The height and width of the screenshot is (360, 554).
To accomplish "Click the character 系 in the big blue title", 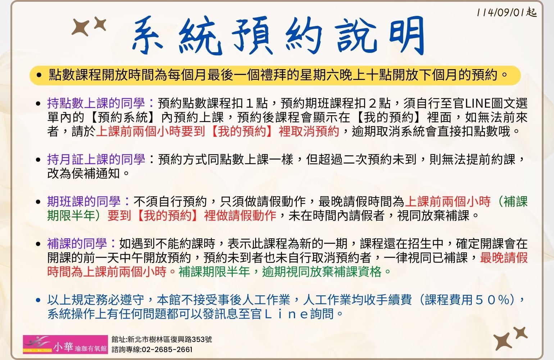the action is point(148,35).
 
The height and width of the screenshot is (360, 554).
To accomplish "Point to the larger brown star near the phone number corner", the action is point(503,341).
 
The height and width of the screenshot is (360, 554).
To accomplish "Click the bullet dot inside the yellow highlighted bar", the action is point(39,75).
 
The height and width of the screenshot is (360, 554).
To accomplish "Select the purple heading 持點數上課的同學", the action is point(96,103).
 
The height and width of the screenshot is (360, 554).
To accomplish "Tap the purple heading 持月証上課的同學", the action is point(96,159).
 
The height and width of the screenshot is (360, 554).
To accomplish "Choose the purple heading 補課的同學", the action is point(77,244).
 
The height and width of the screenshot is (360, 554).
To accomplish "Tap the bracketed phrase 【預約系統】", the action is point(123,117).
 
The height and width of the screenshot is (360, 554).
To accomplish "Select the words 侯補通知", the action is point(96,173).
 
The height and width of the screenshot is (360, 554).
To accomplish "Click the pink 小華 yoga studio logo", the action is point(65,345).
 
